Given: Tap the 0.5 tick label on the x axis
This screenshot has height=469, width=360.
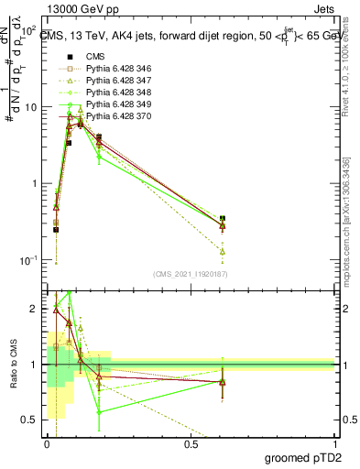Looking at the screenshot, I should pos(191,443).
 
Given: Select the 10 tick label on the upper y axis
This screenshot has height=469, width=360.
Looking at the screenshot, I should pos(29,107).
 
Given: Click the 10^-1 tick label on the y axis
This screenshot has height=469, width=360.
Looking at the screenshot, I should pos(27,260).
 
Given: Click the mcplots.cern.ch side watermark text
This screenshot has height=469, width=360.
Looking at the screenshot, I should pos(352,211).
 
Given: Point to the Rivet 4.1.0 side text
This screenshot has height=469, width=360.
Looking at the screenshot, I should pos(352,69).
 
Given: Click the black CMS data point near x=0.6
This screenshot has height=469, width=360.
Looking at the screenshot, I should pos(223,219).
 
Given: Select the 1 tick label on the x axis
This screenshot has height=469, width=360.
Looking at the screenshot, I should pos(334,443).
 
